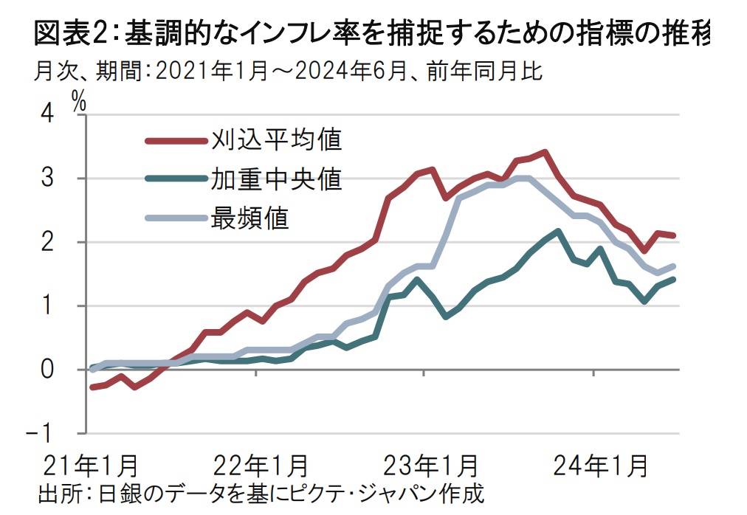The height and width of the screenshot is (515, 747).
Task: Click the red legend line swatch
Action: (x=176, y=139)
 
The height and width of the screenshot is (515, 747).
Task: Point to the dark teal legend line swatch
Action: (x=176, y=179)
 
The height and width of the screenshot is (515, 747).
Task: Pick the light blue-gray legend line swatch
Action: (x=176, y=218)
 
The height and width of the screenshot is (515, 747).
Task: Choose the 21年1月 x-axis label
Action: (x=90, y=466)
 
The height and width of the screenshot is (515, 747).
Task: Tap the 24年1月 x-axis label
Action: (x=599, y=466)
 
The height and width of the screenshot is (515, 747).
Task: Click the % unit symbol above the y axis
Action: (x=79, y=102)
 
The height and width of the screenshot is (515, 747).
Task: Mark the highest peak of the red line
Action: (x=544, y=153)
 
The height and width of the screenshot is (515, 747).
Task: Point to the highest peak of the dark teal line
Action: (x=557, y=232)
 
